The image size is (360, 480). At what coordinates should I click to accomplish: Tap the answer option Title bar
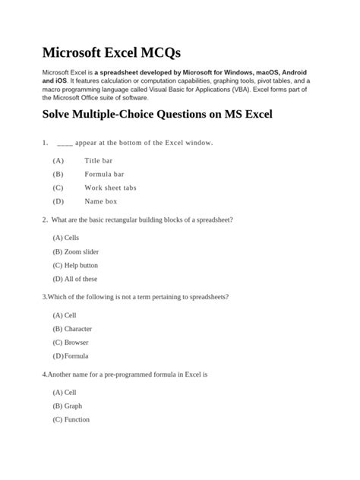[98, 161]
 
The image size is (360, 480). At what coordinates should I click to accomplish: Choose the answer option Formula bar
[103, 175]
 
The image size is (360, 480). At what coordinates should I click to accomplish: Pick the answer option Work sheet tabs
[110, 188]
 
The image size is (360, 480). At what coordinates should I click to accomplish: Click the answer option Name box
[100, 201]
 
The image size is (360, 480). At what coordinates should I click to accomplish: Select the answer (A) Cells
[66, 238]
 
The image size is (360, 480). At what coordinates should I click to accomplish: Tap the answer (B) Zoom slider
[76, 251]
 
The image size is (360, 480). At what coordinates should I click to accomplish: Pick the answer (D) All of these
[75, 279]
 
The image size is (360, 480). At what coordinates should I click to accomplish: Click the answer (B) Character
[72, 329]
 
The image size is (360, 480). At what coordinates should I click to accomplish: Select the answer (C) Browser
[71, 343]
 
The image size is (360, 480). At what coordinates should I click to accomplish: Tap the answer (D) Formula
[71, 356]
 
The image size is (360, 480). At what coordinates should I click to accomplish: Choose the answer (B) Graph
[68, 406]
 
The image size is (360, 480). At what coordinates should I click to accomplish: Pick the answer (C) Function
[71, 420]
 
